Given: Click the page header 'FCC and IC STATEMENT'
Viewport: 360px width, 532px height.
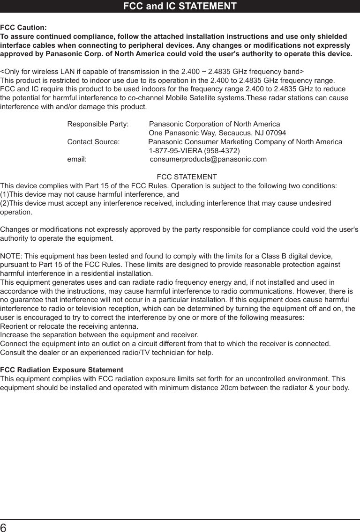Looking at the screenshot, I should [180, 7].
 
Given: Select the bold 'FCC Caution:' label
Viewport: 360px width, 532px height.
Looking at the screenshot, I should [23, 28].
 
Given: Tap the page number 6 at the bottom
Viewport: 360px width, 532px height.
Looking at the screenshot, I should [5, 526].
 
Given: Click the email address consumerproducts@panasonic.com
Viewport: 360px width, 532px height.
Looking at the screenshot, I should [208, 160].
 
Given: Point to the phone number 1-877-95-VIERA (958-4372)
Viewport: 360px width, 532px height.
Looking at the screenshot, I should [194, 151].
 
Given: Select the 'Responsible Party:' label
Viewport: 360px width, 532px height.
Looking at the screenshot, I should [98, 124].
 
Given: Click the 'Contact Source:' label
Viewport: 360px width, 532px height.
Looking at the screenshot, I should [93, 142].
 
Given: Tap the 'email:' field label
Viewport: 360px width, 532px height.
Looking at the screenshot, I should [77, 160].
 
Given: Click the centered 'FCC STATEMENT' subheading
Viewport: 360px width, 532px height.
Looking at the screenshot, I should [187, 177].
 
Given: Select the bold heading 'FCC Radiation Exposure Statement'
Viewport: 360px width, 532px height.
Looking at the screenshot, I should [62, 370].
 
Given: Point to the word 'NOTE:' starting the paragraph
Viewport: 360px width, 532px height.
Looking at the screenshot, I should [11, 256].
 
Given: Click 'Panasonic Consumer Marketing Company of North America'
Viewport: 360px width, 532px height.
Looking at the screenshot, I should [245, 142].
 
